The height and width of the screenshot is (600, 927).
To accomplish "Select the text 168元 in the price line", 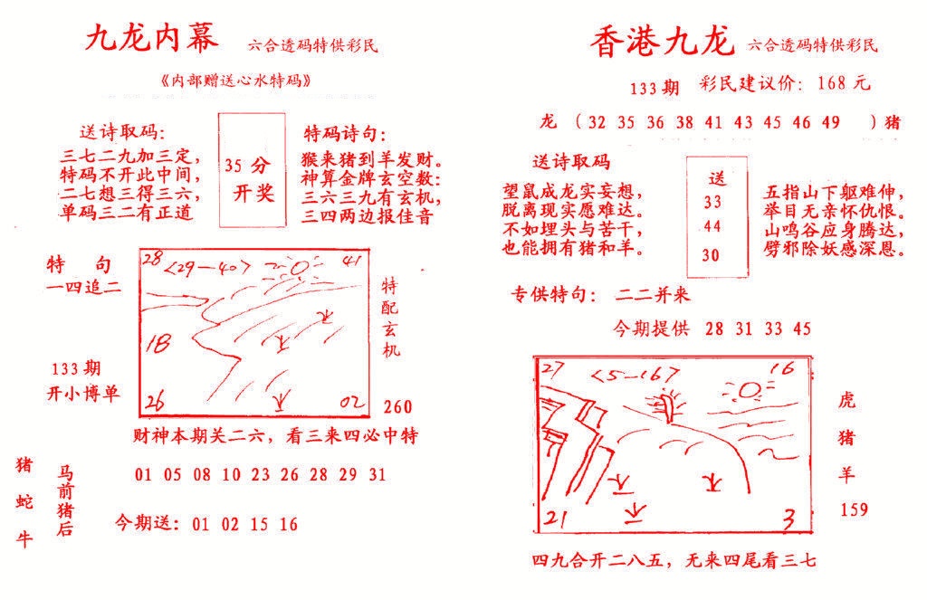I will tap(842, 84).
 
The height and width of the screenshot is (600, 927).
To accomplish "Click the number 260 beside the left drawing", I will tap(397, 405).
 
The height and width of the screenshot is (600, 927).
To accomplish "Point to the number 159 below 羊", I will tap(854, 510).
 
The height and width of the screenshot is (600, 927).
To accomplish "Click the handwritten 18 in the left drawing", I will tap(160, 342).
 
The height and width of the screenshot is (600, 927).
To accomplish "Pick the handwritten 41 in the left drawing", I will tap(354, 262).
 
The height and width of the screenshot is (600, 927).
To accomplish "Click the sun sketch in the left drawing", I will tap(295, 269).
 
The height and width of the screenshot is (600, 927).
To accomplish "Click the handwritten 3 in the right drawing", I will tap(788, 519).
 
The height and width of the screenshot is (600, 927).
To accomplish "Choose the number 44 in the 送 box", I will tap(712, 227).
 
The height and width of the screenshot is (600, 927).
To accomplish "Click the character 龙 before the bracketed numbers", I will tap(547, 121).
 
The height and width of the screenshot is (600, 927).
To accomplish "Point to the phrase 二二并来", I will tap(652, 295).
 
